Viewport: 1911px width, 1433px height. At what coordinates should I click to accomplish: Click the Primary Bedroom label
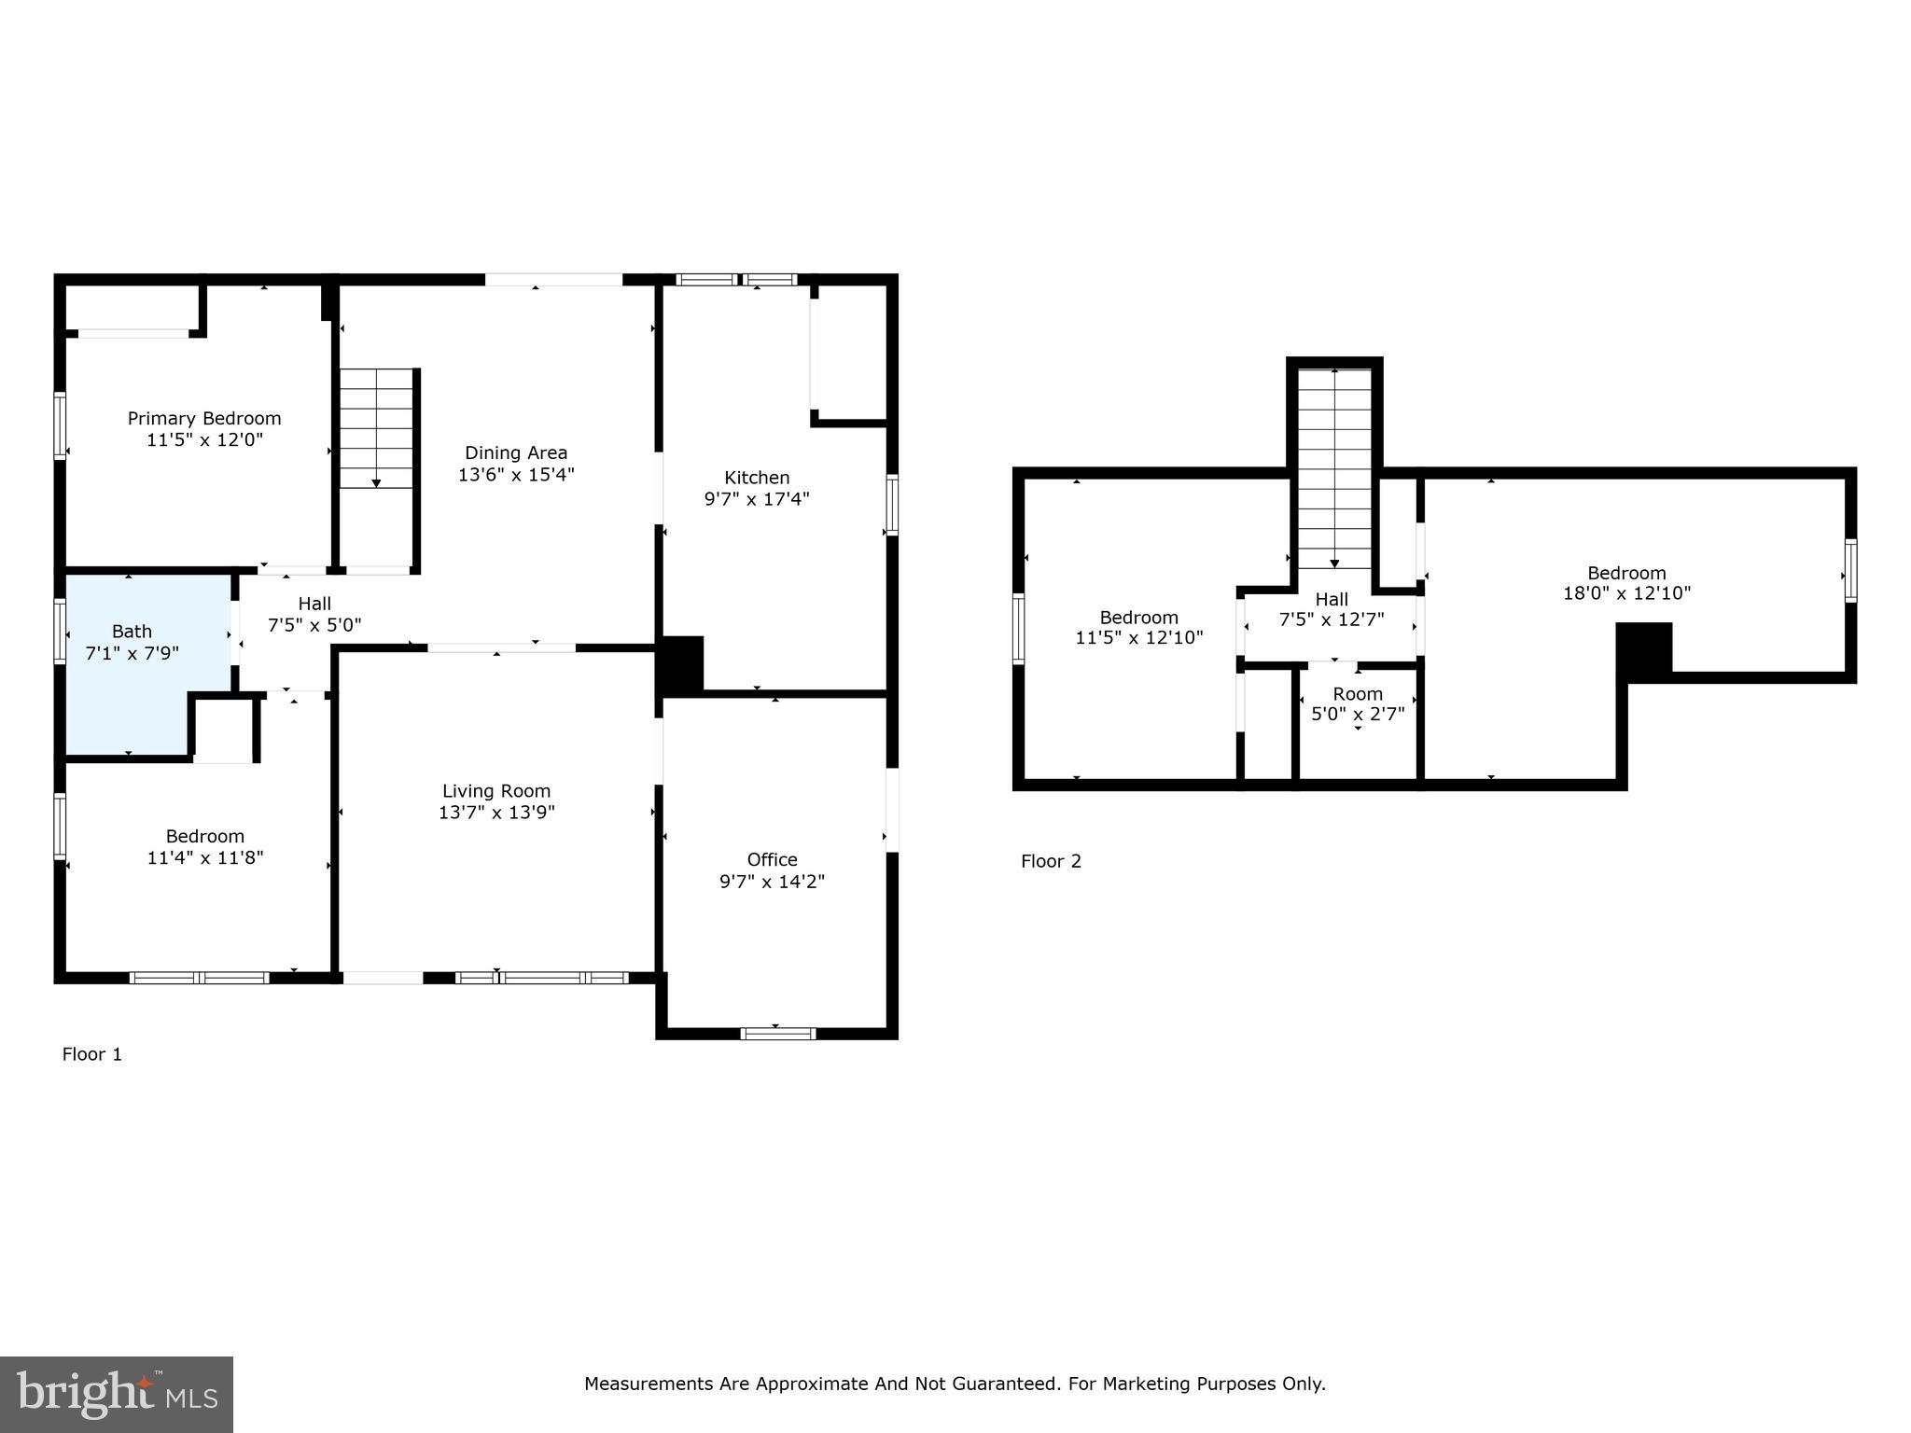click(x=204, y=418)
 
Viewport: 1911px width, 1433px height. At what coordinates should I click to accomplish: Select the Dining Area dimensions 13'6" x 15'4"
click(x=516, y=474)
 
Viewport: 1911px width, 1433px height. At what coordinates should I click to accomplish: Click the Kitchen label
click(x=757, y=478)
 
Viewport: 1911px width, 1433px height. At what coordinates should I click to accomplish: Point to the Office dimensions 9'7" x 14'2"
click(x=772, y=881)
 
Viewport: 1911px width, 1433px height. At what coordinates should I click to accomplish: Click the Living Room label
click(x=496, y=791)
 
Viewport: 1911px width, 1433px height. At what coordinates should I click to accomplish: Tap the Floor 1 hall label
click(x=314, y=604)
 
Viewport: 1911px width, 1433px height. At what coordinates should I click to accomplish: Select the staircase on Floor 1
click(x=376, y=429)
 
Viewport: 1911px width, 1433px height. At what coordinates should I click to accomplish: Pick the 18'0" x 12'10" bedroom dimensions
click(x=1626, y=593)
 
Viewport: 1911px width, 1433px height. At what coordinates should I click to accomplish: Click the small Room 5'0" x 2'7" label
click(x=1358, y=694)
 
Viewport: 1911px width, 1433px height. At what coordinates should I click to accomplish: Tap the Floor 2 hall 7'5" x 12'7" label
click(x=1332, y=619)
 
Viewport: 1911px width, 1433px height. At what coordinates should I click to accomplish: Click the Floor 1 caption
click(x=92, y=1054)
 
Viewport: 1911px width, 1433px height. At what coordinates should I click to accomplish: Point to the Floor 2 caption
click(x=1051, y=861)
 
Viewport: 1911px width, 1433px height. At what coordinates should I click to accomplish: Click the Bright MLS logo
click(x=117, y=1394)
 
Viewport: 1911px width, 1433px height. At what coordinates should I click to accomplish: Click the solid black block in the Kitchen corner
click(x=681, y=664)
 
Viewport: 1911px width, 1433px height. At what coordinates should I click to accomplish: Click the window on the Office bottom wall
click(x=777, y=1033)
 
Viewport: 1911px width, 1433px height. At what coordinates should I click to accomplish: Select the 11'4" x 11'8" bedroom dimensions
click(x=205, y=857)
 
